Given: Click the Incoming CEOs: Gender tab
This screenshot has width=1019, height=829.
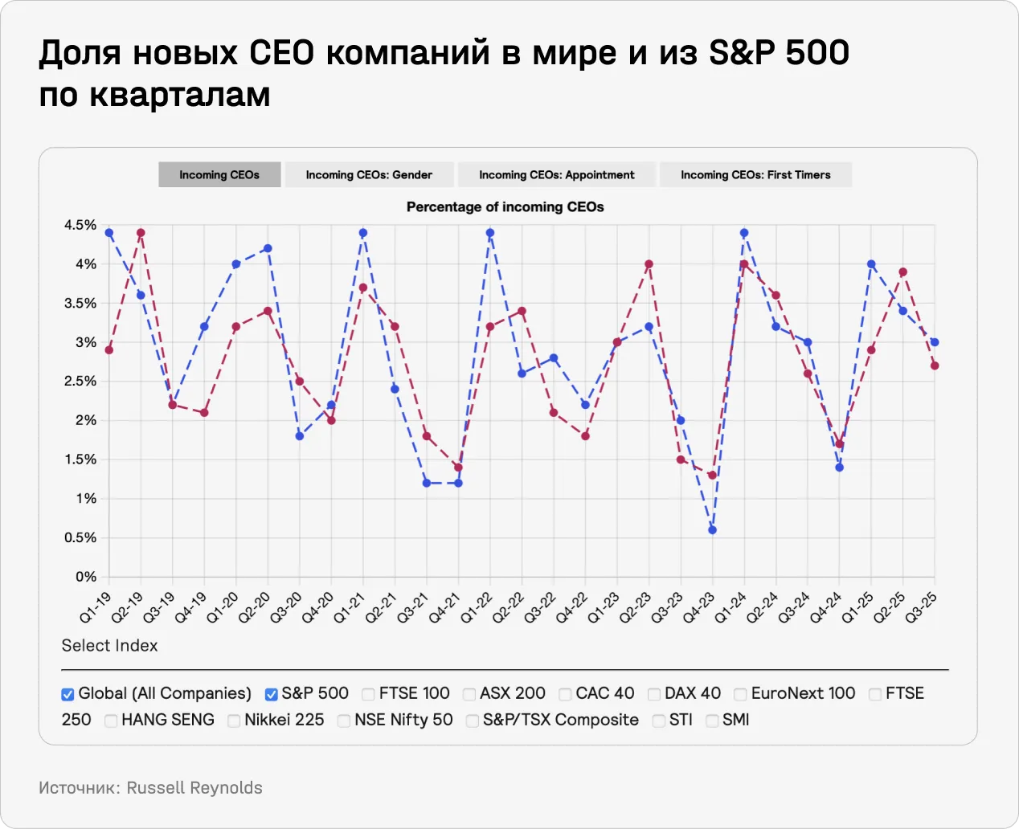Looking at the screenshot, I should point(369,174).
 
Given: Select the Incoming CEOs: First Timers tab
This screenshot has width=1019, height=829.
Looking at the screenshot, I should point(755,174).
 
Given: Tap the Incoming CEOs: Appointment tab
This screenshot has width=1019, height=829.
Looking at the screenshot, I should point(556,174).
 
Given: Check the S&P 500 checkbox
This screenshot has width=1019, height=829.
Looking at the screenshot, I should point(272,694).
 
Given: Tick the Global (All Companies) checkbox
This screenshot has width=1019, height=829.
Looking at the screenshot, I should point(68,694).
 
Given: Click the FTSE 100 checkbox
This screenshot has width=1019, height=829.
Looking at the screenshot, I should point(368,694).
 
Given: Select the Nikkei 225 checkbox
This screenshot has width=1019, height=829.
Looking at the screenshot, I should point(234,721).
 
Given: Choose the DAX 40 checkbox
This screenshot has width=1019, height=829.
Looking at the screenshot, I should point(654,694).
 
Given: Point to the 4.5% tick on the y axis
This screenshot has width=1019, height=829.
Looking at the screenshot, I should point(80,225).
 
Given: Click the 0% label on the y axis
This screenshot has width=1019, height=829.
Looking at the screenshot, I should point(86,577).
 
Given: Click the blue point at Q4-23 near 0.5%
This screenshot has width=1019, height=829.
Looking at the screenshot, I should point(712,530).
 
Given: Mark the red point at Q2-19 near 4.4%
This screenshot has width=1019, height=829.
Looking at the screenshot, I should point(141,233).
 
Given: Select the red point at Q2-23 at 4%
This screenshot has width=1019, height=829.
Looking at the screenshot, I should point(649,264).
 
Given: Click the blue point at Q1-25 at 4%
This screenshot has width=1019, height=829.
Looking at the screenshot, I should point(871,264).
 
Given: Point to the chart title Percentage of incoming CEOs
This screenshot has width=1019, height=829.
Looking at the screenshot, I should point(505,206).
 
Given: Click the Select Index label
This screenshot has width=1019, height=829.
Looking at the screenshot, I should point(109,646).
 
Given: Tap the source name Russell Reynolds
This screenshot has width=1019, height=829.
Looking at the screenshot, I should point(194,788).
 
